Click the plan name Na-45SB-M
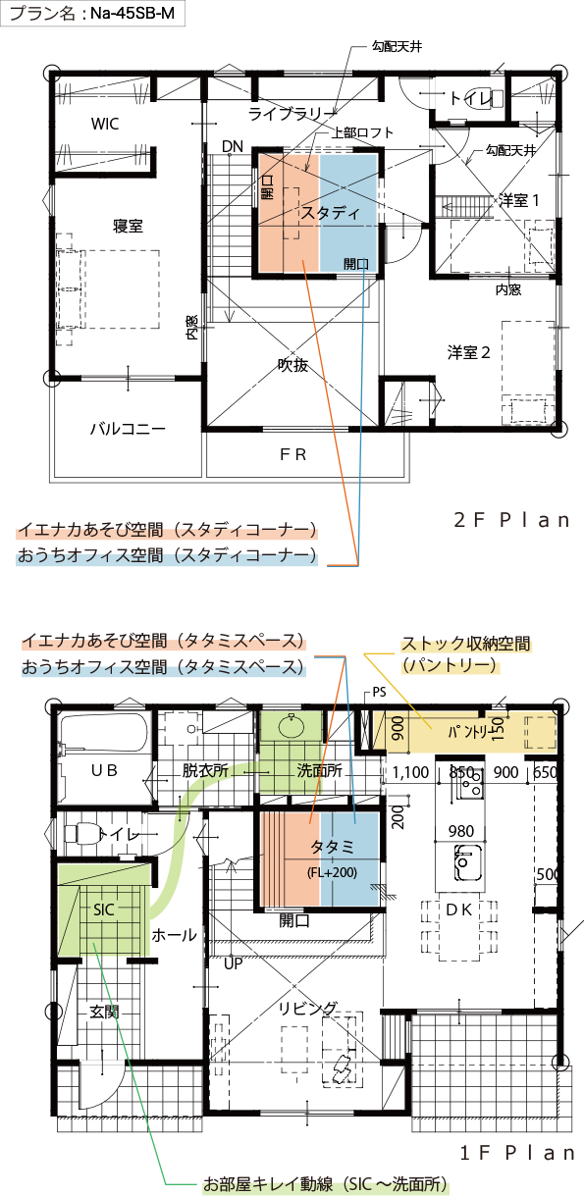coord(133,14)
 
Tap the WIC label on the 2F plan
coord(105,124)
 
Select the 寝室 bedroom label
coord(128,226)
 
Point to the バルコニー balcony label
coord(128,428)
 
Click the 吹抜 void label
coord(292,365)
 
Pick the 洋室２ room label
coord(468,352)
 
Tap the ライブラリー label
coord(292,114)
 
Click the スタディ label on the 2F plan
coord(332,213)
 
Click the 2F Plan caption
coord(511,520)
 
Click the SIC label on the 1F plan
coord(104,910)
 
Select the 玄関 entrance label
coord(104,1012)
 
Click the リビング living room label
coord(308,1008)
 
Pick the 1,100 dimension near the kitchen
coord(410,772)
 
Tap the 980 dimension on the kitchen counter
coord(461,831)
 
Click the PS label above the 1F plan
coord(379,692)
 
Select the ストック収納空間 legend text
coord(466,644)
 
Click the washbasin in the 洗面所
coord(292,726)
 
